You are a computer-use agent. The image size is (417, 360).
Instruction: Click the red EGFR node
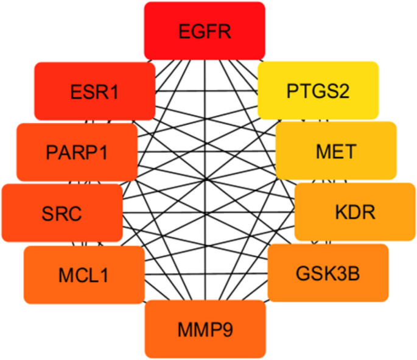click(x=205, y=31)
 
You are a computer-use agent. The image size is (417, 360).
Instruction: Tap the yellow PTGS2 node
click(x=318, y=91)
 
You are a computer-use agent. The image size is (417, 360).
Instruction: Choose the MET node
click(x=335, y=150)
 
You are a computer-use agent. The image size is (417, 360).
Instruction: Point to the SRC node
click(x=62, y=213)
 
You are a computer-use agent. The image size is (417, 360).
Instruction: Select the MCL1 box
click(x=84, y=275)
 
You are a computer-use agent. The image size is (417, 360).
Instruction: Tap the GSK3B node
click(x=328, y=273)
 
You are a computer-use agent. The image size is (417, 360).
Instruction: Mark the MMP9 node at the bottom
click(x=205, y=330)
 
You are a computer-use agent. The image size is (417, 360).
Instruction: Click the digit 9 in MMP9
click(x=226, y=330)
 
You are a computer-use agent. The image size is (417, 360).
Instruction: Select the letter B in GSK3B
click(x=353, y=274)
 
